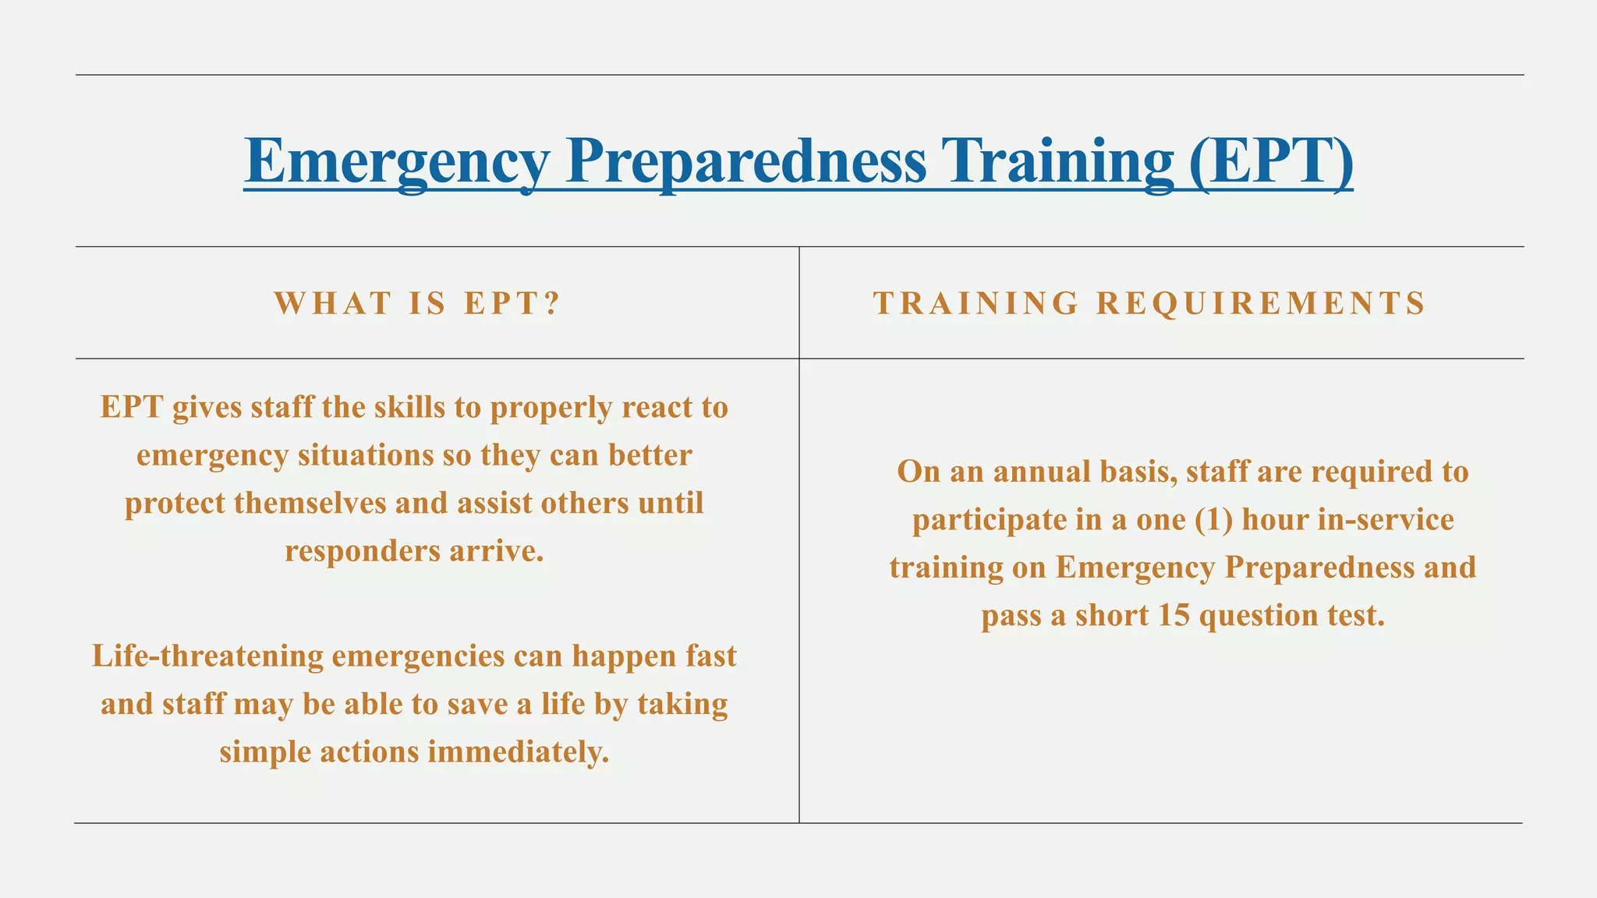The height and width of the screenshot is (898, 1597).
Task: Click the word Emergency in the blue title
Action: pos(397,161)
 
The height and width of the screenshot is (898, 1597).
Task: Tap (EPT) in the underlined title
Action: pos(1271,161)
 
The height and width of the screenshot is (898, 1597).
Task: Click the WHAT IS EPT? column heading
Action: pos(417,303)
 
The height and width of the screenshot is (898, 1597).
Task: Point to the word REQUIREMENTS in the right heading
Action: pos(1261,303)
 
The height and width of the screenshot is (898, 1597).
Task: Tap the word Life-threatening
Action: pos(207,656)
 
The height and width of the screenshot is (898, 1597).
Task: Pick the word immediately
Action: pos(518,752)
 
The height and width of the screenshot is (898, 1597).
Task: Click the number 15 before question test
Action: pos(1174,615)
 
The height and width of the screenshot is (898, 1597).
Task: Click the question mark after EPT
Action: pos(552,303)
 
